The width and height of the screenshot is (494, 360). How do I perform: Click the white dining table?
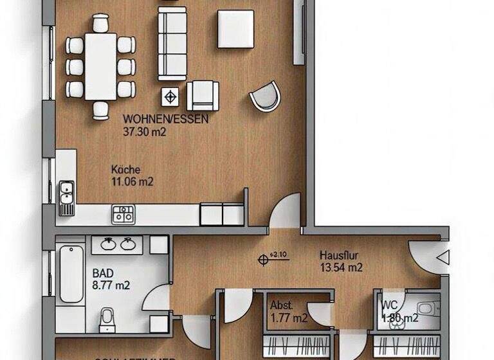(100, 66)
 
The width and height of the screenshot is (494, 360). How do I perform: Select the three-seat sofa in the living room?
(172, 43)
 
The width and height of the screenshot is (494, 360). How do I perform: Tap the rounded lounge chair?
(266, 97)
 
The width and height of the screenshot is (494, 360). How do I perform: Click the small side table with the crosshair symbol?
(170, 97)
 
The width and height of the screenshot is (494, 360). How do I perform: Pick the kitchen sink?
(66, 193)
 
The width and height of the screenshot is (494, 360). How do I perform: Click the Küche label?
(125, 170)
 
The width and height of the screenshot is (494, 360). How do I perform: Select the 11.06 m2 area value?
(132, 181)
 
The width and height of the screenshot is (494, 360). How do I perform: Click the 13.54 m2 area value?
(342, 267)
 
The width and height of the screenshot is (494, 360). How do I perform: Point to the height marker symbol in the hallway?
(262, 259)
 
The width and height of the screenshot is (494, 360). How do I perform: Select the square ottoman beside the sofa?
(235, 28)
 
